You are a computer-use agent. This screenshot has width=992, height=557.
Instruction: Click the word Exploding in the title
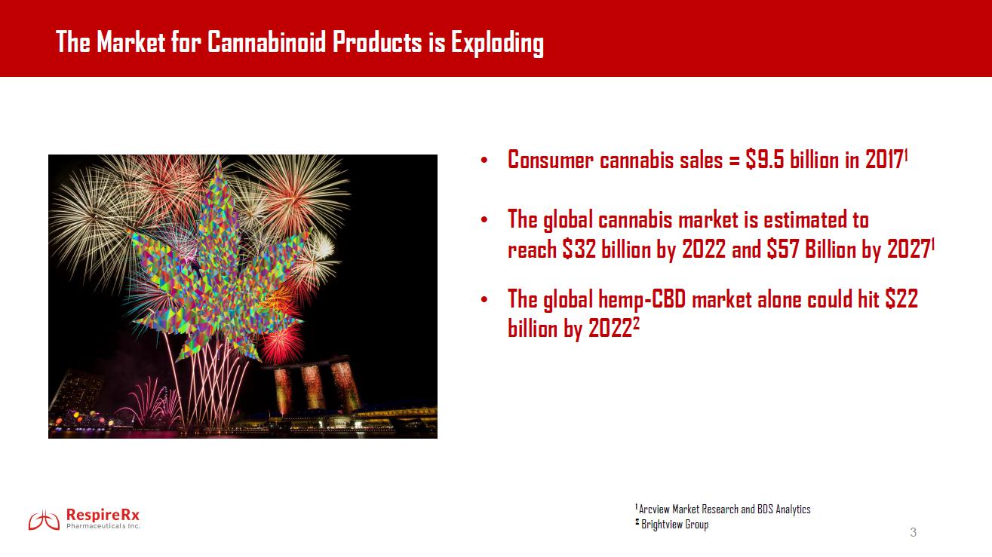[x=497, y=44]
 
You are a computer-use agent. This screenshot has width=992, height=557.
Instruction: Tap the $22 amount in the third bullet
[x=901, y=298]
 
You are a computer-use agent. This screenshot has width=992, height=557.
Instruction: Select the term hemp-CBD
[x=642, y=299]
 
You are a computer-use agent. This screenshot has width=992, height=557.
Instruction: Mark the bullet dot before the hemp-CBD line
[x=484, y=300]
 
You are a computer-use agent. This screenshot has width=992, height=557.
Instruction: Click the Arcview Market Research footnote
[x=723, y=509]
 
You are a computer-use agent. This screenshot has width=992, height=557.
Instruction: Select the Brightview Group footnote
[x=672, y=525]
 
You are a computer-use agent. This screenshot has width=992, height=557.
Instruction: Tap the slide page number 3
[x=913, y=532]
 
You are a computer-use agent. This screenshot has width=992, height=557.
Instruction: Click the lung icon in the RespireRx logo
[x=44, y=520]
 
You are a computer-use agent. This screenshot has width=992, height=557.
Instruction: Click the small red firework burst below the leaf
[x=281, y=344]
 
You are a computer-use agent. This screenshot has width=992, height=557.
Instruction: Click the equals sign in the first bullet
[x=734, y=161]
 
